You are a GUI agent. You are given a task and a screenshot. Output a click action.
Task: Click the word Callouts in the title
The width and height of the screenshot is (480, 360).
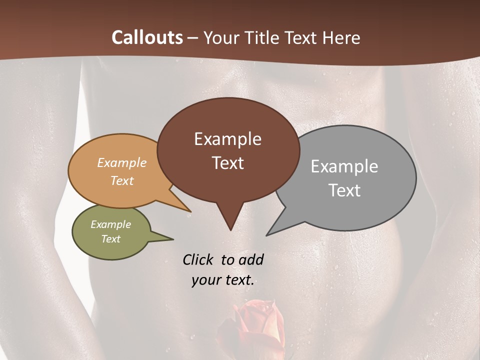click(147, 37)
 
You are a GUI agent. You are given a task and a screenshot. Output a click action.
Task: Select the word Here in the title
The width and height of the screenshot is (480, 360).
click(340, 37)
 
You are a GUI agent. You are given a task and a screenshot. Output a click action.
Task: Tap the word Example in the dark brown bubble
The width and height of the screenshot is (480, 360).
click(227, 139)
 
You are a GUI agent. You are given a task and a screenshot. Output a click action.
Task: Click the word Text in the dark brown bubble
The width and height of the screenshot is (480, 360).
click(227, 162)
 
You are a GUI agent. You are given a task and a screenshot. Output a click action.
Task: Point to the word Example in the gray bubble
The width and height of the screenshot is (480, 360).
click(344, 166)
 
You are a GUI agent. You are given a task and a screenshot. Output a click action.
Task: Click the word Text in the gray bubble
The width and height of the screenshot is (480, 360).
click(344, 190)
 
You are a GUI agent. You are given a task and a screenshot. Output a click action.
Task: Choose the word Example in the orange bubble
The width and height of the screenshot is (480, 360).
click(122, 163)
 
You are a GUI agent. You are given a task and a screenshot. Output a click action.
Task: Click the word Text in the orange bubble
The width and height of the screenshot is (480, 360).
click(122, 180)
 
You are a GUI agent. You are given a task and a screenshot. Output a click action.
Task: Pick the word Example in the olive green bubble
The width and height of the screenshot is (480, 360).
click(111, 224)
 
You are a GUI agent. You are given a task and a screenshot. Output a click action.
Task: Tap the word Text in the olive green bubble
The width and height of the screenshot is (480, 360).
click(111, 239)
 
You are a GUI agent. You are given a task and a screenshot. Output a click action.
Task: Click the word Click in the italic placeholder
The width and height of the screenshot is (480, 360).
click(198, 259)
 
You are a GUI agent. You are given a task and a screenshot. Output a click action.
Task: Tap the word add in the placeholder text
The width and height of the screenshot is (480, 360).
click(250, 259)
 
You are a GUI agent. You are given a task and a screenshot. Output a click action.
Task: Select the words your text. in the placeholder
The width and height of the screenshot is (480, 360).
click(223, 280)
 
